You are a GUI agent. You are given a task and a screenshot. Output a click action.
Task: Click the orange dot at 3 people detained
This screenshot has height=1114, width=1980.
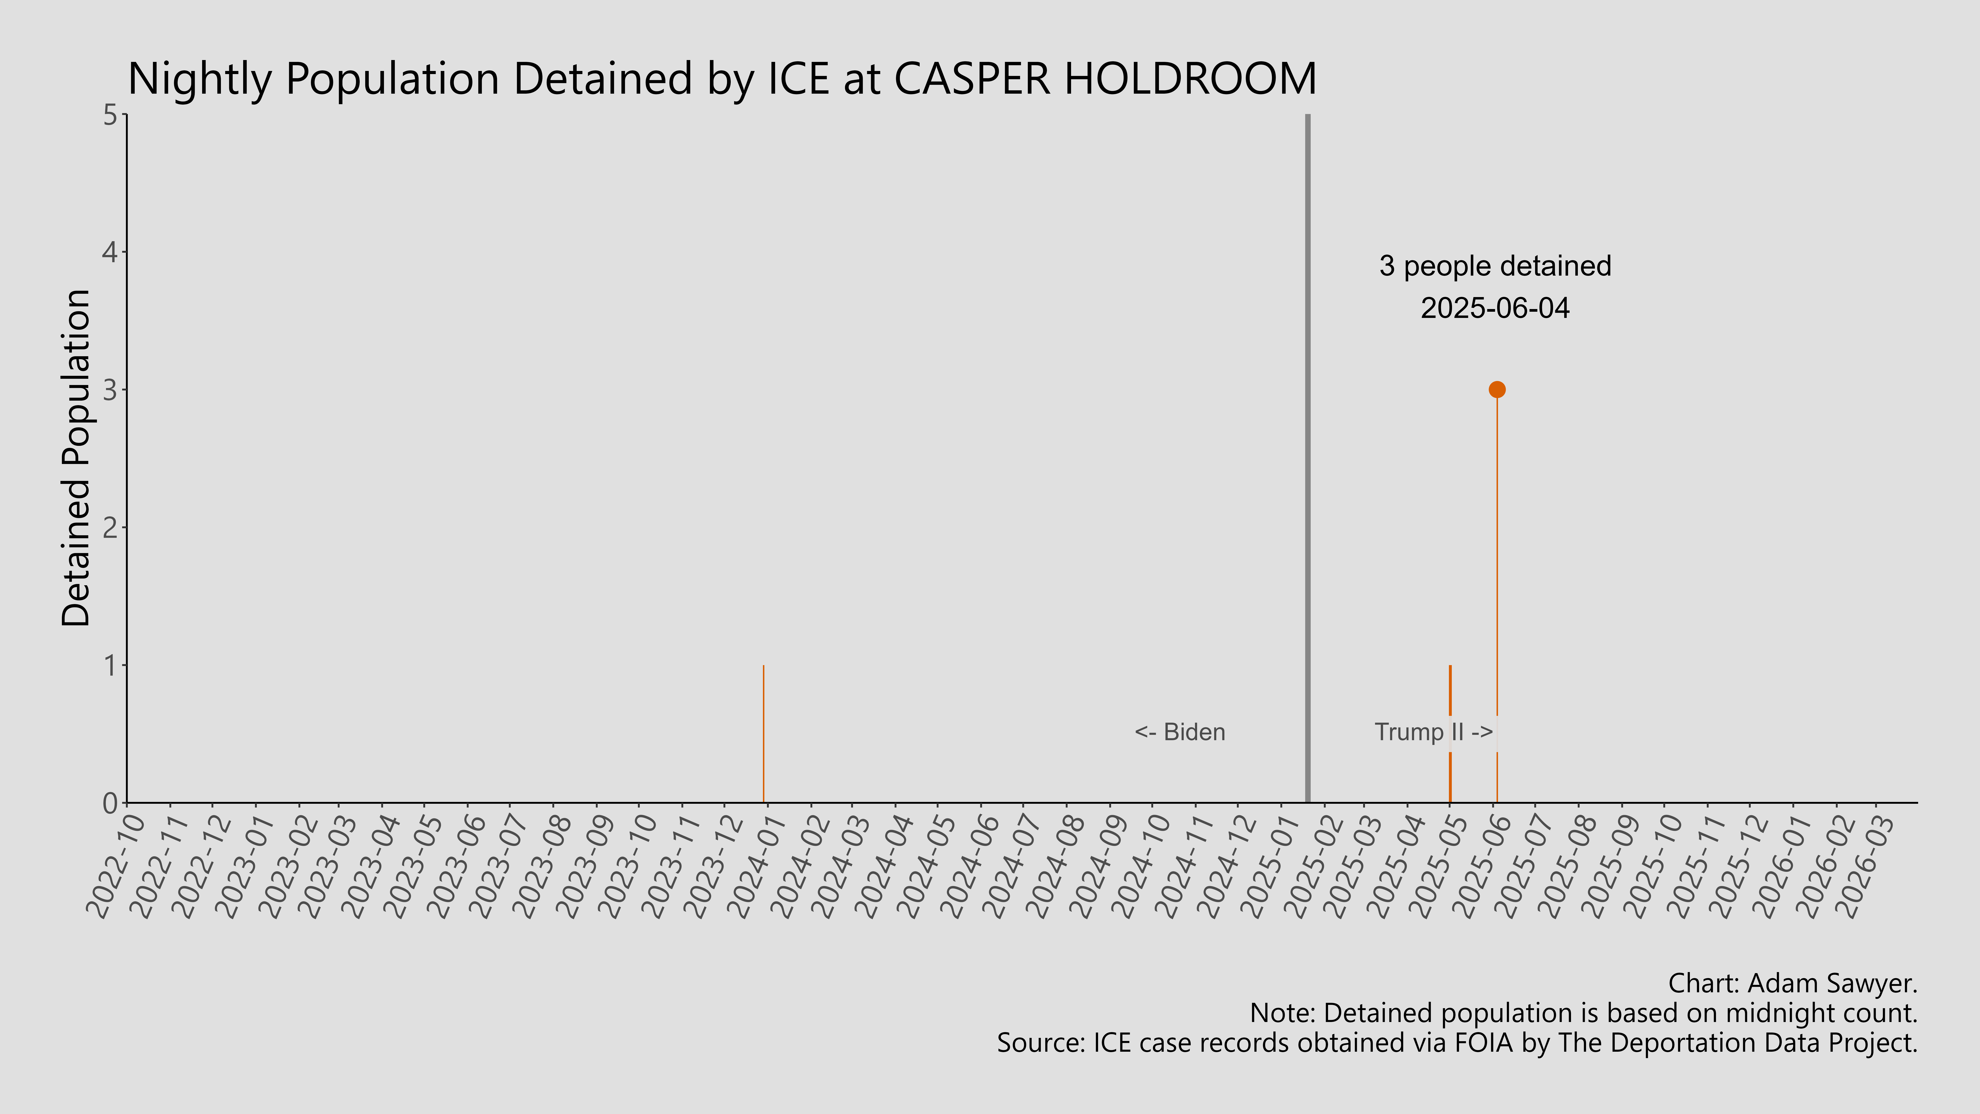[x=1497, y=390]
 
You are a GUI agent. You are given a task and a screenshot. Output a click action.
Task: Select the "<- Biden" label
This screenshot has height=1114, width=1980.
[x=1180, y=732]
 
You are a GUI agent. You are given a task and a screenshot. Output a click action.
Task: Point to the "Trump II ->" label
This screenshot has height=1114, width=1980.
[x=1433, y=732]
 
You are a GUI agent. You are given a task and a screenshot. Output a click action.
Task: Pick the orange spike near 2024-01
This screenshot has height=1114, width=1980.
[x=763, y=730]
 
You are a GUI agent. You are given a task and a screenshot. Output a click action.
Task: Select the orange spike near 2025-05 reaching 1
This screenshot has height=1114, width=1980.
[x=1450, y=692]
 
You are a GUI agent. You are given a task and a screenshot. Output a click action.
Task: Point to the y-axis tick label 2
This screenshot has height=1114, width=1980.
[x=110, y=527]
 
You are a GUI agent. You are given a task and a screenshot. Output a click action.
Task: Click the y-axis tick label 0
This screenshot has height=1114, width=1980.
[x=110, y=803]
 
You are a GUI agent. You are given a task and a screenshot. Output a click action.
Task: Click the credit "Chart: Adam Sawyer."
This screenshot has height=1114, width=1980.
[x=1793, y=983]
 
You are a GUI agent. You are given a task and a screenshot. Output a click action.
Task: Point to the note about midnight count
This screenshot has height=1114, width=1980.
[x=1583, y=1013]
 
